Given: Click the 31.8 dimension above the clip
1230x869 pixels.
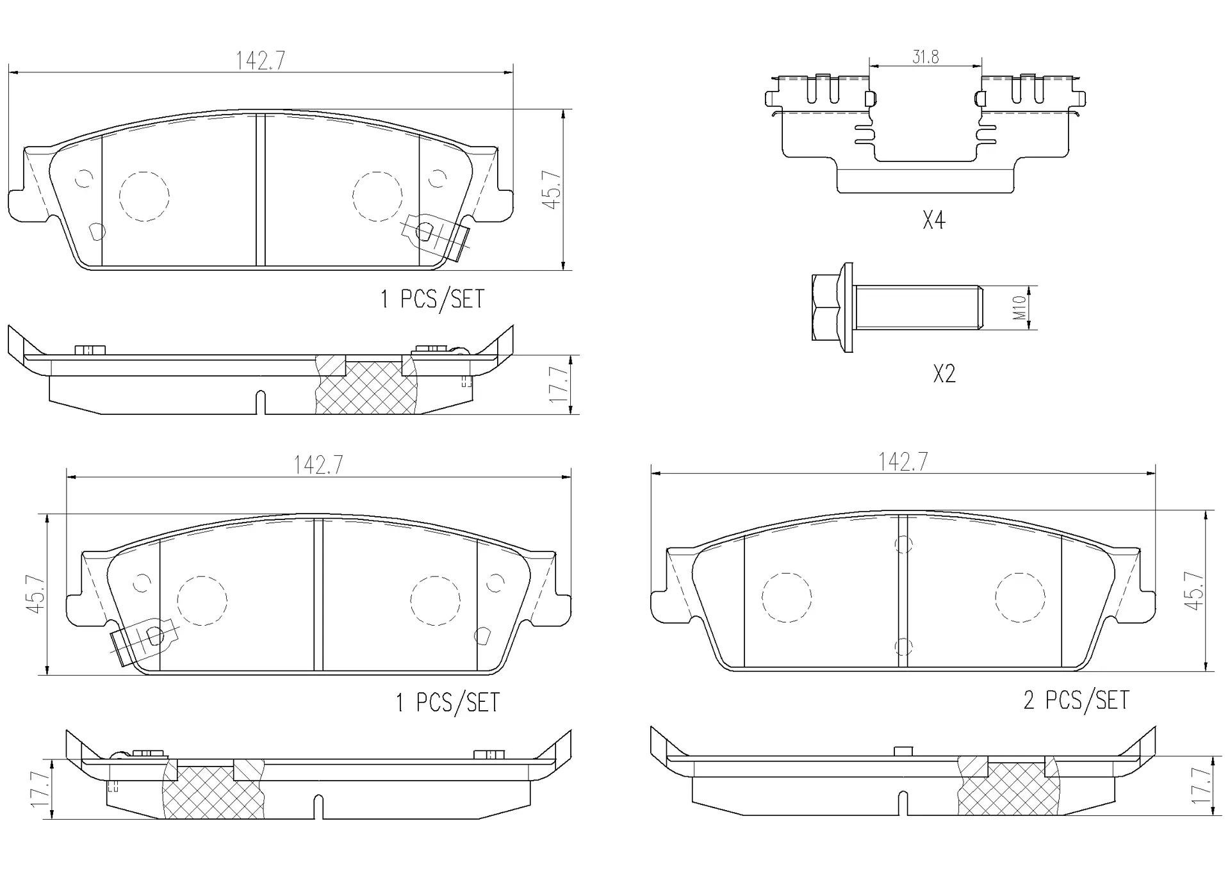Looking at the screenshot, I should pos(925,57).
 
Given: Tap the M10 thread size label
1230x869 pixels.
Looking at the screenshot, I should pos(1021,308).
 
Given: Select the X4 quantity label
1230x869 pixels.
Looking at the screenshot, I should pos(933,220).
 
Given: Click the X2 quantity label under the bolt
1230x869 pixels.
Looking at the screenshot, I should pos(944,373).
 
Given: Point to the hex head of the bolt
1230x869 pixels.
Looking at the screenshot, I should pos(825,308).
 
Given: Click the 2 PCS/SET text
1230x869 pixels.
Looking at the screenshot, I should pos(1076,700).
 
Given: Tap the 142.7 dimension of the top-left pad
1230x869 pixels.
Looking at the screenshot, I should pos(260,61).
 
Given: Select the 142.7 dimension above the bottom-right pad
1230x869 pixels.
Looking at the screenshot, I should pos(903,462).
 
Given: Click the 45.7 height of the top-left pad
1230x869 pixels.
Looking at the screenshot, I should pos(552,190).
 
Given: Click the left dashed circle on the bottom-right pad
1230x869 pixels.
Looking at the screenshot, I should pos(786,597).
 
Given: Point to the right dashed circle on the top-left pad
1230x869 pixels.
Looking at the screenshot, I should pos(377,197).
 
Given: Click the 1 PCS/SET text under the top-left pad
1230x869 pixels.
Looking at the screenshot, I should pos(432,299).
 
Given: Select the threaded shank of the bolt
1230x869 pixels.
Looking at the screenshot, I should pos(916,308).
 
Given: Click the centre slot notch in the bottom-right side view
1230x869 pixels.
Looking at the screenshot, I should pos(903,803).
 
